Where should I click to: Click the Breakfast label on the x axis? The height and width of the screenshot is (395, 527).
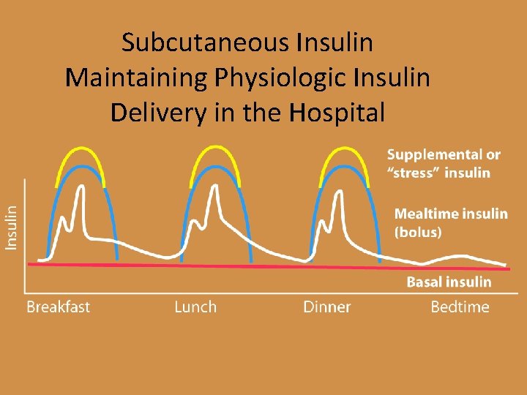click(58, 306)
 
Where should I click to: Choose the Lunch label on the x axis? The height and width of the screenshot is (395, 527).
click(195, 306)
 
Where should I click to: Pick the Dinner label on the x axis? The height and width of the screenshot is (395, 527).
click(326, 306)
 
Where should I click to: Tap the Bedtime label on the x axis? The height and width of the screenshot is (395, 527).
click(460, 306)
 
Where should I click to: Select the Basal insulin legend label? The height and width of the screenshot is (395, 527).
click(449, 282)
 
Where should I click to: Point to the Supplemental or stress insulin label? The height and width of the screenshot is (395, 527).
click(444, 164)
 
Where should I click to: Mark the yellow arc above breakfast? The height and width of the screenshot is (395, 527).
click(81, 148)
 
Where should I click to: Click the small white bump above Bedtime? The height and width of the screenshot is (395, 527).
click(459, 256)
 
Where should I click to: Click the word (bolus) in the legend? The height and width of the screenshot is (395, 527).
click(419, 233)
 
